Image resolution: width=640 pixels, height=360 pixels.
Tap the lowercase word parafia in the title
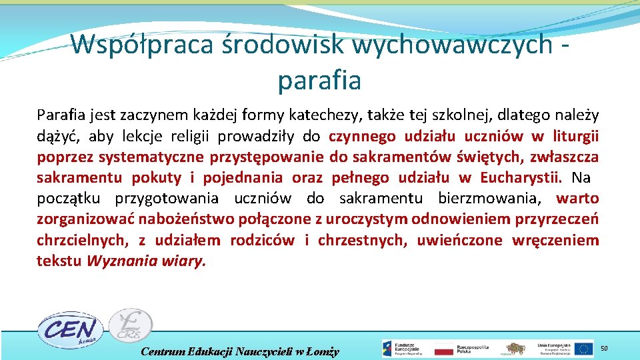click(x=319, y=80)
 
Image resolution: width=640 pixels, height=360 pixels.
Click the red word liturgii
click(x=574, y=137)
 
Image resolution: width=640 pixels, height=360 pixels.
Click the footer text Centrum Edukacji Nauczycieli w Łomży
click(x=240, y=351)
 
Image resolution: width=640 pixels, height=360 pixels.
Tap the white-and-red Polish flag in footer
click(x=443, y=349)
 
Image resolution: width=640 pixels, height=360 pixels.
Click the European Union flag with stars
click(x=584, y=349)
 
